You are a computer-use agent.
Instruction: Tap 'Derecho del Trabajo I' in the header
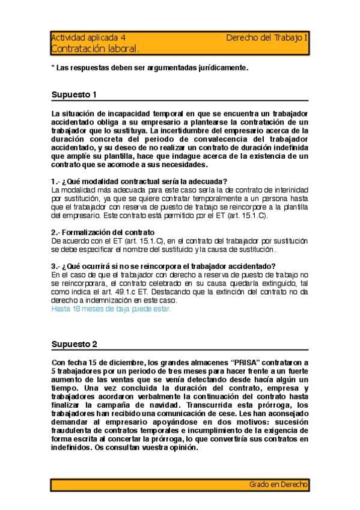pyautogui.click(x=267, y=37)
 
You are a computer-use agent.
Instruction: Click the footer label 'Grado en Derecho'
pyautogui.click(x=278, y=484)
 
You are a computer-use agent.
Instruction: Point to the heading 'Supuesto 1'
pyautogui.click(x=74, y=94)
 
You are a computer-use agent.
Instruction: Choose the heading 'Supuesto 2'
pyautogui.click(x=74, y=344)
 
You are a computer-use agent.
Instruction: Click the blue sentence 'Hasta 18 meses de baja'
pyautogui.click(x=111, y=309)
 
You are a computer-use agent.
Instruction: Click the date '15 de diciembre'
pyautogui.click(x=114, y=363)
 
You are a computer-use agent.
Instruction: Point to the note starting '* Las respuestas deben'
pyautogui.click(x=149, y=68)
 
